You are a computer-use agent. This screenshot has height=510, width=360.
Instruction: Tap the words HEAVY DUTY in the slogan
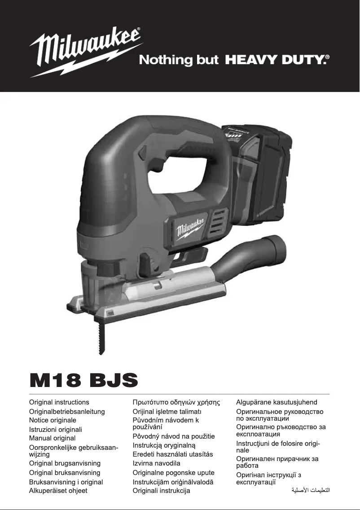[275, 60]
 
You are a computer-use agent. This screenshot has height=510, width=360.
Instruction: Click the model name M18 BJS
[83, 381]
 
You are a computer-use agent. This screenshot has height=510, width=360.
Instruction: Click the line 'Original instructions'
[59, 402]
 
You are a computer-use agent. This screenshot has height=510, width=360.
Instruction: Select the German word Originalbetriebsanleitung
[67, 411]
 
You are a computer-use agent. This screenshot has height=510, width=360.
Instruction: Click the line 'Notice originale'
[53, 420]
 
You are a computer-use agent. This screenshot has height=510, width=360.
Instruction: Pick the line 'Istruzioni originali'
[55, 429]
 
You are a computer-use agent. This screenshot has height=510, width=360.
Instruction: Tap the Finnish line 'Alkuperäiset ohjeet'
[58, 491]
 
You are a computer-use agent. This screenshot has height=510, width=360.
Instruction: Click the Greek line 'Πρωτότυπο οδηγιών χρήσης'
[176, 402]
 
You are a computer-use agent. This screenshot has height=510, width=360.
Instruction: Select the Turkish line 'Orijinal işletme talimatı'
[167, 411]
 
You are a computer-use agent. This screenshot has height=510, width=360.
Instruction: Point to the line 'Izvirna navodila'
[156, 463]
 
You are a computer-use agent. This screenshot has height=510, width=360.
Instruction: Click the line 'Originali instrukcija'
[161, 491]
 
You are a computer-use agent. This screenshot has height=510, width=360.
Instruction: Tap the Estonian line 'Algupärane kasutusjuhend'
[277, 402]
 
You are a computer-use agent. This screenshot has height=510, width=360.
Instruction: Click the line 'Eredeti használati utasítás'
[173, 454]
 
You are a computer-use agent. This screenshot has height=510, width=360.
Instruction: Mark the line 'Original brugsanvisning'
[65, 463]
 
